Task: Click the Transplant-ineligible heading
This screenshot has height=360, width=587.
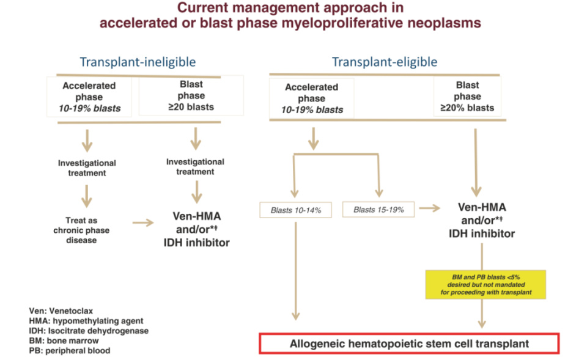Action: click(138, 62)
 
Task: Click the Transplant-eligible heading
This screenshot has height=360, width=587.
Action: click(385, 62)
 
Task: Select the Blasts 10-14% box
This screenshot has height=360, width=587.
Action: click(296, 210)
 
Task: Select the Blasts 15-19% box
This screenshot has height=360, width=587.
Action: click(378, 210)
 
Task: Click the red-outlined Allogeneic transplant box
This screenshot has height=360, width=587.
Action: click(409, 343)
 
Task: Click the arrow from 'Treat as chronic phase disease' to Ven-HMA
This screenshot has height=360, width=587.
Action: click(144, 222)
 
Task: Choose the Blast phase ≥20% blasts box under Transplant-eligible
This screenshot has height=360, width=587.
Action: click(467, 97)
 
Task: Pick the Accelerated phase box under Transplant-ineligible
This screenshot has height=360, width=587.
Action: click(91, 97)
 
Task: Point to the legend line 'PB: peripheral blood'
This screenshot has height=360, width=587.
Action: click(69, 350)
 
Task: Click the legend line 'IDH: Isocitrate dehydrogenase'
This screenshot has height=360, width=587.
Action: click(88, 331)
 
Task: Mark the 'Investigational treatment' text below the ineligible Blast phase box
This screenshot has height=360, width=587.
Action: click(195, 167)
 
